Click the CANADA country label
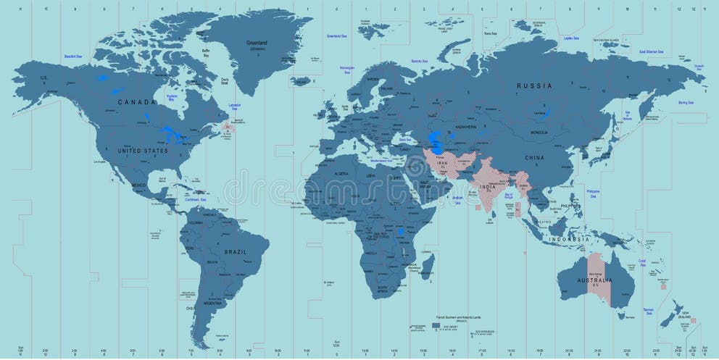(x=136, y=102)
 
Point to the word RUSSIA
(x=533, y=85)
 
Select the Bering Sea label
(x=684, y=103)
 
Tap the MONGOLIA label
(x=539, y=133)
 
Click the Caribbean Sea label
(x=194, y=199)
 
